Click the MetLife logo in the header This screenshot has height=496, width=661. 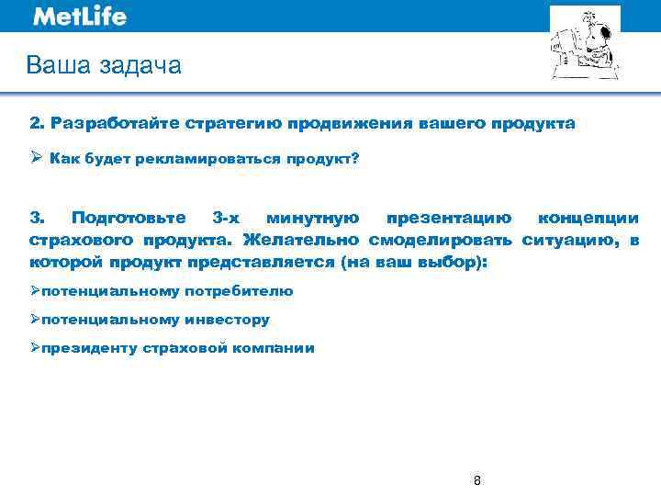[80, 17]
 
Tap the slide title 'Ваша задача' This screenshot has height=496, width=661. [104, 65]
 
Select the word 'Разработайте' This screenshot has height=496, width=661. [116, 123]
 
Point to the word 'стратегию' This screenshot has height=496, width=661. [232, 123]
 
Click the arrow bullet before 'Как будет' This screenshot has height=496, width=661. [36, 158]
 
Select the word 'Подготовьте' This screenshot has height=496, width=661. [129, 219]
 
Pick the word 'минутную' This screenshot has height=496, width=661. [311, 219]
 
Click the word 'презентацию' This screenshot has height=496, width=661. [448, 219]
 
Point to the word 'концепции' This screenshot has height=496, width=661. [588, 219]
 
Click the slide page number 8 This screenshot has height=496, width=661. [476, 480]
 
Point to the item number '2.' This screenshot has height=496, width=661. [37, 123]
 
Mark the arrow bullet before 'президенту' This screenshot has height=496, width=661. [35, 348]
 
